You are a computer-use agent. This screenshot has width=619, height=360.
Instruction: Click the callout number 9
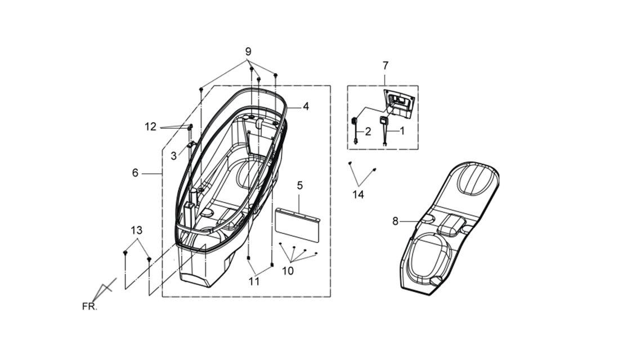pyautogui.click(x=248, y=52)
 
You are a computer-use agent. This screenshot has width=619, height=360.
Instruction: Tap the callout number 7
pyautogui.click(x=385, y=65)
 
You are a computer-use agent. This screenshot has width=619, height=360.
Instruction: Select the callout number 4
pyautogui.click(x=306, y=106)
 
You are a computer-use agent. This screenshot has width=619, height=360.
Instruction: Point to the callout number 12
pyautogui.click(x=150, y=127)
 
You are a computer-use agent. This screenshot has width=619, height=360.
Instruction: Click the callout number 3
pyautogui.click(x=174, y=156)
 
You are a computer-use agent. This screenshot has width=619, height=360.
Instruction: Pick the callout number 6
pyautogui.click(x=136, y=173)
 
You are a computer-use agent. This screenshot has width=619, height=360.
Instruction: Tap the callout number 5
pyautogui.click(x=299, y=185)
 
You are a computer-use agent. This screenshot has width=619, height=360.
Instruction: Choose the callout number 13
pyautogui.click(x=137, y=230)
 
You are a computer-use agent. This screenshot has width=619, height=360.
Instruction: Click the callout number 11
pyautogui.click(x=254, y=281)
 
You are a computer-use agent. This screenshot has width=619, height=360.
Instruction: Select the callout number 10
pyautogui.click(x=288, y=271)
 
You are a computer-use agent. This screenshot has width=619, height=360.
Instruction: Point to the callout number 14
pyautogui.click(x=358, y=195)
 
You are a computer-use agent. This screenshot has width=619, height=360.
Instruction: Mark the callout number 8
pyautogui.click(x=395, y=222)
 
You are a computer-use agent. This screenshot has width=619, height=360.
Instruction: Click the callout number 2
pyautogui.click(x=368, y=132)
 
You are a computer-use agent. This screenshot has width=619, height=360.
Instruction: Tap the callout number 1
pyautogui.click(x=402, y=130)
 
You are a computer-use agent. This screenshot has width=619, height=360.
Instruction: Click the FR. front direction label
pyautogui.click(x=89, y=307)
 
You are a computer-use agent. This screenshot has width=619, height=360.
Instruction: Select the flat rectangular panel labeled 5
pyautogui.click(x=298, y=224)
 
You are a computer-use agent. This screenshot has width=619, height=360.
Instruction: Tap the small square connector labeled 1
pyautogui.click(x=383, y=120)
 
